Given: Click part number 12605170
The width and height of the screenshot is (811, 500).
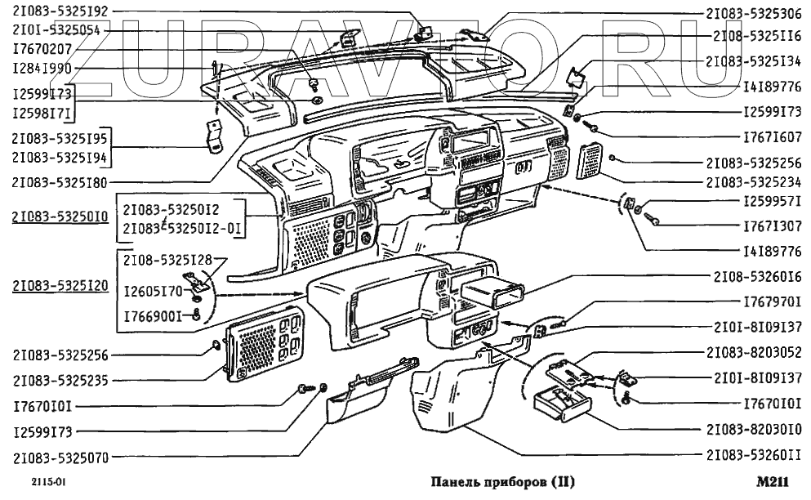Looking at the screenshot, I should click(153, 290).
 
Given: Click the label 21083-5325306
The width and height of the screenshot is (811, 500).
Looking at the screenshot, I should click(753, 14).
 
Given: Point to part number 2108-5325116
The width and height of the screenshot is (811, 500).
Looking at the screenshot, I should click(758, 37).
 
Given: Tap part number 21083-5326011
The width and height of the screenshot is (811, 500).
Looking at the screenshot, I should click(753, 454).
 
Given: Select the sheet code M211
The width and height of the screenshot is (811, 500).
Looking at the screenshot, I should click(772, 482).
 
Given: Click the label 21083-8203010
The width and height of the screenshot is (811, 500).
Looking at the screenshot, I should click(753, 428).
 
